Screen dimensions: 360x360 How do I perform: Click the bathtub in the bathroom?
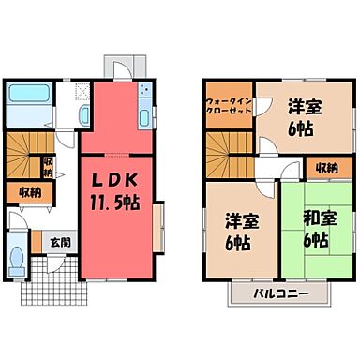tap(32, 96)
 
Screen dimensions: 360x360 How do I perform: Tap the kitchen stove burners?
tap(144, 93)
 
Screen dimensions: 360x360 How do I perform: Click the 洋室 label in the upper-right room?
tap(302, 108)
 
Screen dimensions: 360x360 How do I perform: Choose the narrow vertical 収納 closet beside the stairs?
tap(47, 166)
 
